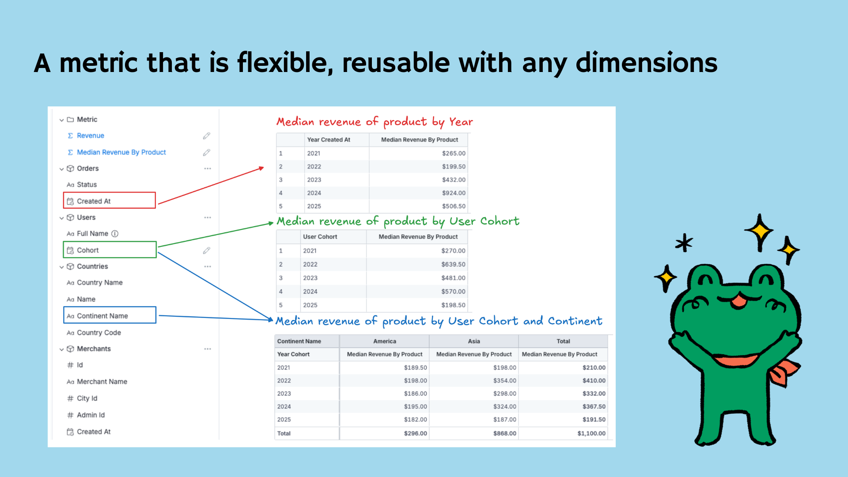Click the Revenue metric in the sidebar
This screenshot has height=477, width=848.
(x=90, y=136)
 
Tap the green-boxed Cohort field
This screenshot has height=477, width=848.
(x=110, y=250)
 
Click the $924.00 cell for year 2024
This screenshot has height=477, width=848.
(x=454, y=193)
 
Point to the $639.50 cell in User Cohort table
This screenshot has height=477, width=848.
(x=453, y=264)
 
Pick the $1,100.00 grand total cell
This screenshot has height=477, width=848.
(x=591, y=433)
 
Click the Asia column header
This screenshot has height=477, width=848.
(x=474, y=341)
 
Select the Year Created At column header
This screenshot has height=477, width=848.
(x=329, y=140)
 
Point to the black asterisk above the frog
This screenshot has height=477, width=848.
(x=684, y=242)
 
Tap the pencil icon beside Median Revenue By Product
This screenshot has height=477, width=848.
(x=206, y=152)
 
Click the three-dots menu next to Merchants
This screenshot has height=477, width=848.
(x=208, y=349)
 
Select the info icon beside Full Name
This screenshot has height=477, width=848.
(x=115, y=234)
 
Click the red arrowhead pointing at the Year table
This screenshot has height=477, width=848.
(x=261, y=168)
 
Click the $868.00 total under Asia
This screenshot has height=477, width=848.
(x=504, y=433)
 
